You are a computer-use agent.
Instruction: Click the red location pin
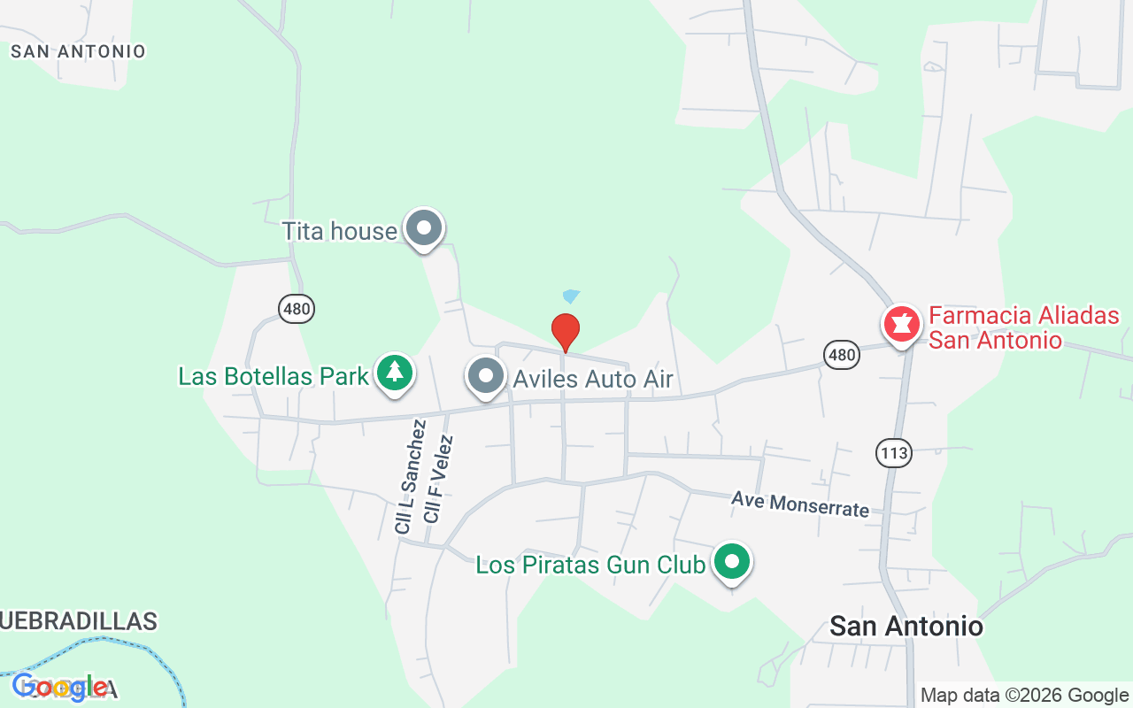tap(566, 332)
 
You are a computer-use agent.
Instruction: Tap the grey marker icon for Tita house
tap(424, 228)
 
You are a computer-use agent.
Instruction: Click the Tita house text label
tap(339, 232)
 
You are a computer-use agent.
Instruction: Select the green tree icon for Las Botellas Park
tap(395, 373)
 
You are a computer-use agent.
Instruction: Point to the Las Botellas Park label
tap(273, 376)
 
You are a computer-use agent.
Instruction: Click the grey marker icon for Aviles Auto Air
tap(485, 376)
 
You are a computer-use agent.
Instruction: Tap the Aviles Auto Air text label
tap(593, 380)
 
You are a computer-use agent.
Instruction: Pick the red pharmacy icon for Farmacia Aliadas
tap(902, 324)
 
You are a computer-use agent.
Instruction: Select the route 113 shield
tap(894, 454)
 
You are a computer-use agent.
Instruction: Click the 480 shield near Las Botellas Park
tap(297, 309)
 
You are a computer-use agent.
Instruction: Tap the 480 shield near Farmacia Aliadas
tap(841, 356)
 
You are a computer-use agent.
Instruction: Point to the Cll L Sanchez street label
tap(410, 477)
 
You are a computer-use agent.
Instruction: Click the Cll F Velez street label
tap(438, 478)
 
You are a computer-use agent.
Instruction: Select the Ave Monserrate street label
tap(800, 504)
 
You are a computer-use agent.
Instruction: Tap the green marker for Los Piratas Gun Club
tap(732, 562)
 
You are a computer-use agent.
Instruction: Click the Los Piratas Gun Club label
tap(590, 565)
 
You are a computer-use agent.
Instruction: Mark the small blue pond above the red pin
tap(571, 296)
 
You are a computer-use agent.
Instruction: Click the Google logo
tap(60, 687)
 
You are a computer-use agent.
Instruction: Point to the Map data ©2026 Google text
tap(1024, 696)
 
